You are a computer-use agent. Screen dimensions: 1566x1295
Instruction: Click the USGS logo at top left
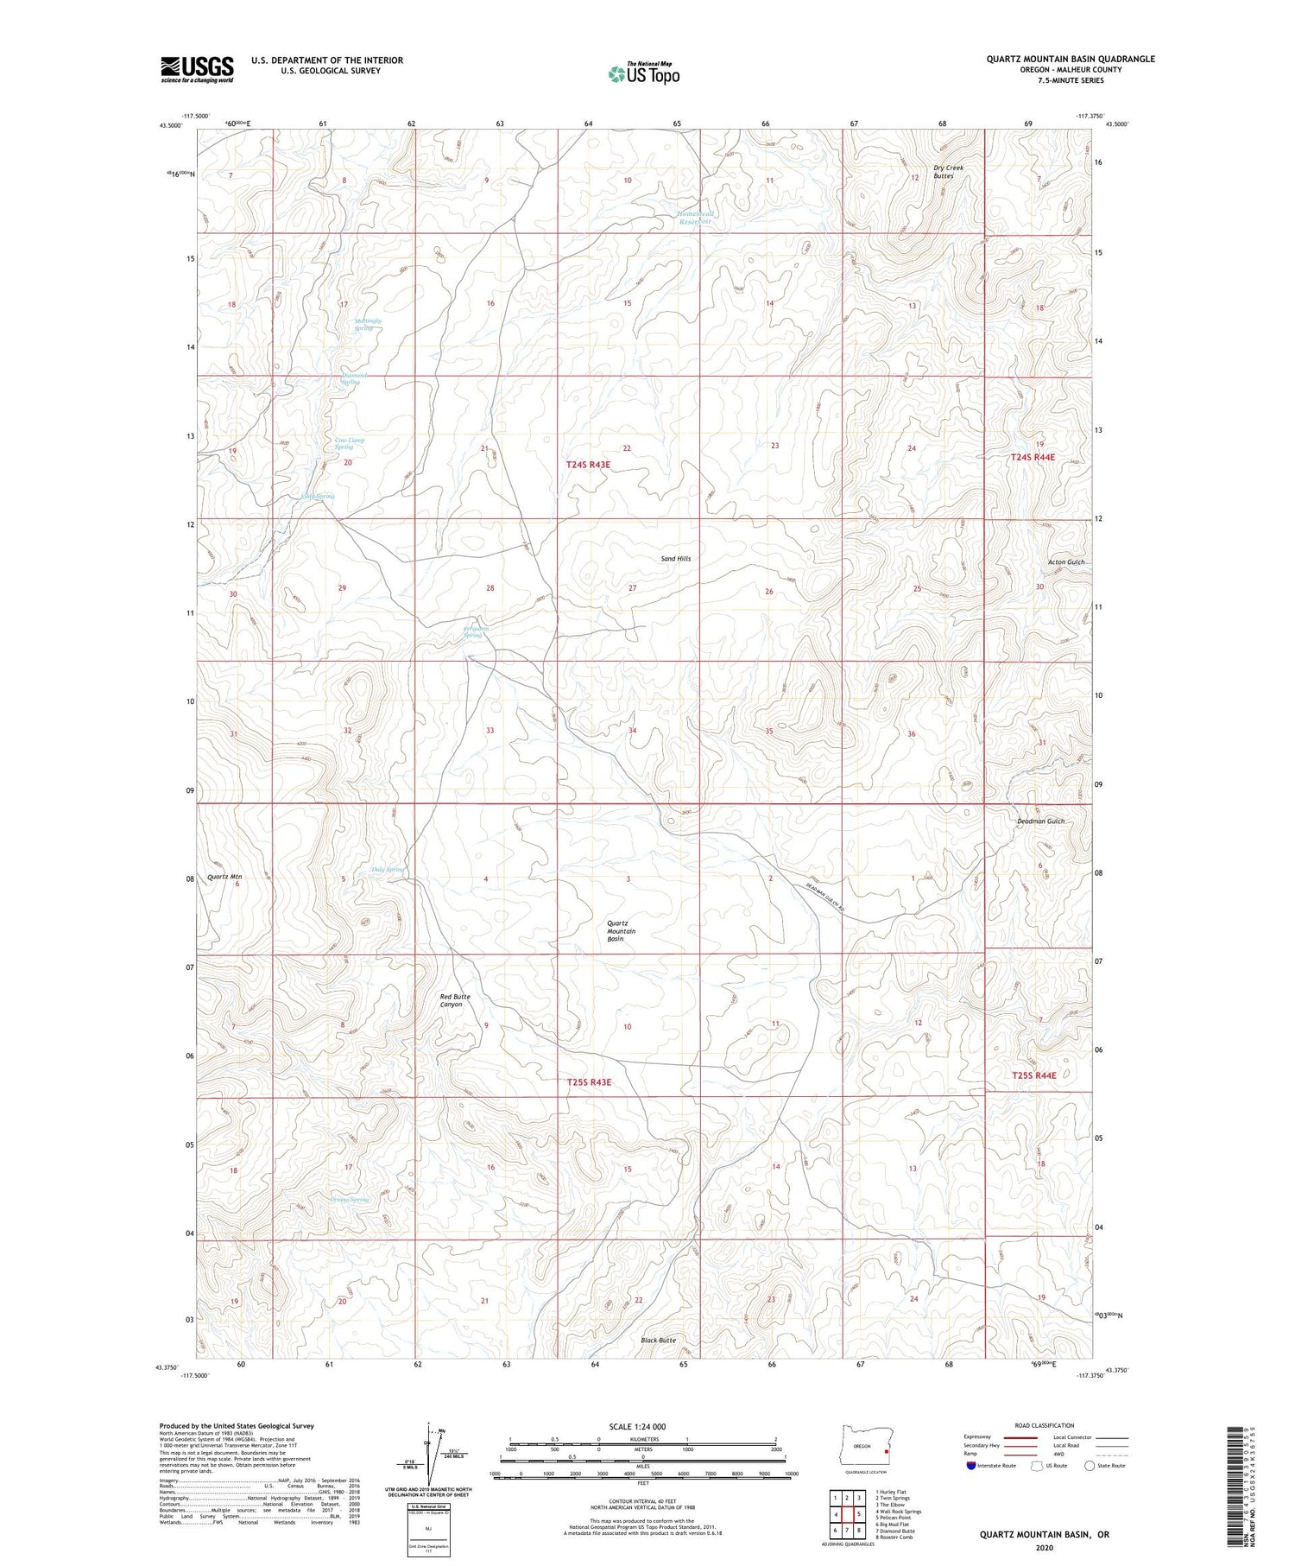(x=197, y=69)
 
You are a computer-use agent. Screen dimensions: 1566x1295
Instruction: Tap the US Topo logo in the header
(x=643, y=73)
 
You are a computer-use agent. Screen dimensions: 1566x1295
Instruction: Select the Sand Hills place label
(x=676, y=559)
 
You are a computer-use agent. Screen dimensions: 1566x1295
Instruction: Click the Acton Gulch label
(x=1065, y=562)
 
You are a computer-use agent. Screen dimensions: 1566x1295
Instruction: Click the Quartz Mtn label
(x=224, y=877)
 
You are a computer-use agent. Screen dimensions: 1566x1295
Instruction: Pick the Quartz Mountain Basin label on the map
(x=622, y=930)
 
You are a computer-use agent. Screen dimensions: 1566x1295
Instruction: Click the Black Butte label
(x=658, y=1341)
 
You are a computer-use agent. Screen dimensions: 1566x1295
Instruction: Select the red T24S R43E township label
(x=588, y=465)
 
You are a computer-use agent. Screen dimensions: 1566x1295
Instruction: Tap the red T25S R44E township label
(x=1033, y=1075)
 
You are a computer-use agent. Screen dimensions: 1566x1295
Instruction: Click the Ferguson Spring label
(x=476, y=631)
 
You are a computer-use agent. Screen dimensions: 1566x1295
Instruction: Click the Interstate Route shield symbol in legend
(x=972, y=1466)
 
